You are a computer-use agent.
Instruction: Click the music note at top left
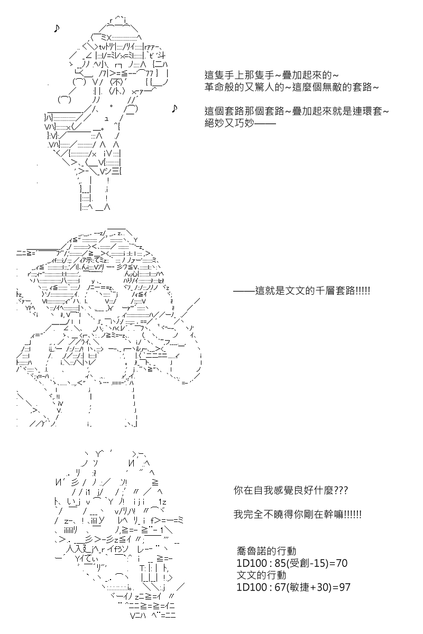coord(57,29)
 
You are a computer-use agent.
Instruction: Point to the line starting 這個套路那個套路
coord(297,111)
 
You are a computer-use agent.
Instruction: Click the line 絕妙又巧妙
coord(240,124)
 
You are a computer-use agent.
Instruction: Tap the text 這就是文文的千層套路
coord(302,290)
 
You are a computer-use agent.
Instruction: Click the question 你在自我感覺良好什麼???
coord(290,491)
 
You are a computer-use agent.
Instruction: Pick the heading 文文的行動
coord(262,575)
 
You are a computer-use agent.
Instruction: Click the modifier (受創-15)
coord(309,563)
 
